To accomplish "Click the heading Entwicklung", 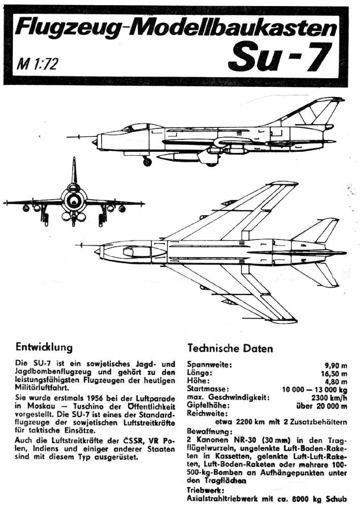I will (44, 348).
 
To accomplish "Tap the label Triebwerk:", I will (206, 491).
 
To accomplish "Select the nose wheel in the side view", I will (147, 162).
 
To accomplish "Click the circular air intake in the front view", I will (74, 199).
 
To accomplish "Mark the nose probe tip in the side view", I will (68, 136).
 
